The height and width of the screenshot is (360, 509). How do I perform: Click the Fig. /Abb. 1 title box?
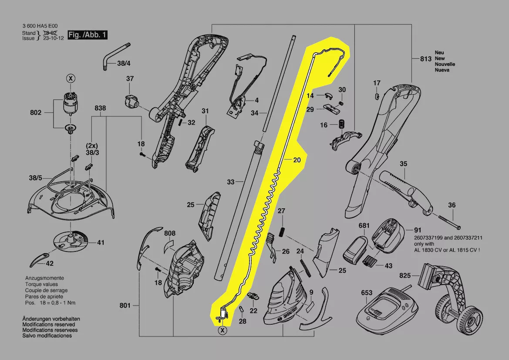(88, 35)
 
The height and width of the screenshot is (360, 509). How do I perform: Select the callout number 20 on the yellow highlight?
(297, 160)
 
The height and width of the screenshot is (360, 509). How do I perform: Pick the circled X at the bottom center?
(223, 330)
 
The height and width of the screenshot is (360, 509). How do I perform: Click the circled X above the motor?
(70, 78)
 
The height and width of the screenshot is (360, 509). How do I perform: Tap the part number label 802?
(36, 112)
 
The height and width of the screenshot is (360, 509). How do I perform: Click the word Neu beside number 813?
(439, 53)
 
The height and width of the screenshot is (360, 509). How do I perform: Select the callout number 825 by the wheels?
(405, 275)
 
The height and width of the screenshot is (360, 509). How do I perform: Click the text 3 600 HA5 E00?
(40, 26)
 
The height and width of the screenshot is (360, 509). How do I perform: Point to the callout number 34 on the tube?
(255, 113)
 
